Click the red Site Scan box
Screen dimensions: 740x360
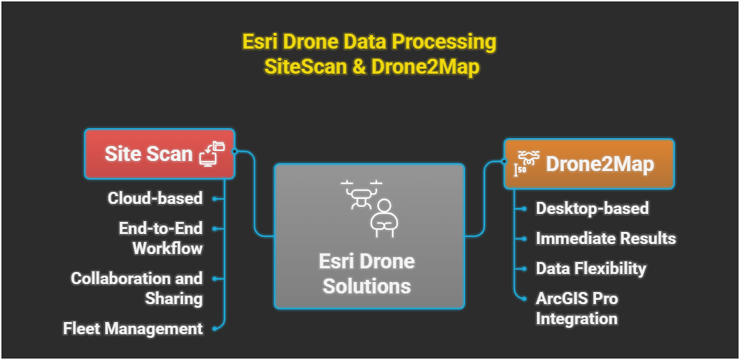coord(159,153)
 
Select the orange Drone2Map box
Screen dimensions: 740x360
coord(588,164)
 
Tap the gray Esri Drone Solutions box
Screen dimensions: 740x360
coord(369,235)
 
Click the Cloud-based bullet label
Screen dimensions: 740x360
coord(155,198)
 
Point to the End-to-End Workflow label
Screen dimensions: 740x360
coord(160,238)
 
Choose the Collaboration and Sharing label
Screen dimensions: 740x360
coord(137,288)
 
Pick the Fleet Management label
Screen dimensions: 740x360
coord(133,329)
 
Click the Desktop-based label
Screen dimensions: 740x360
coord(593,208)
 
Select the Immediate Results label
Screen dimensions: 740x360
coord(606,238)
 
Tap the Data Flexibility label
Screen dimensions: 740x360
coord(591,269)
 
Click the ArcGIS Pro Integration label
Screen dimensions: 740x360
coord(577,308)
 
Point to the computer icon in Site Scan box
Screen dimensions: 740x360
coord(211,153)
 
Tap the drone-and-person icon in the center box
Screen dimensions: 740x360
coord(368,207)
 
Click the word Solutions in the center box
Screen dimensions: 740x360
coord(366,287)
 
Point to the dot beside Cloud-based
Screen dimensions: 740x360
coord(215,198)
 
